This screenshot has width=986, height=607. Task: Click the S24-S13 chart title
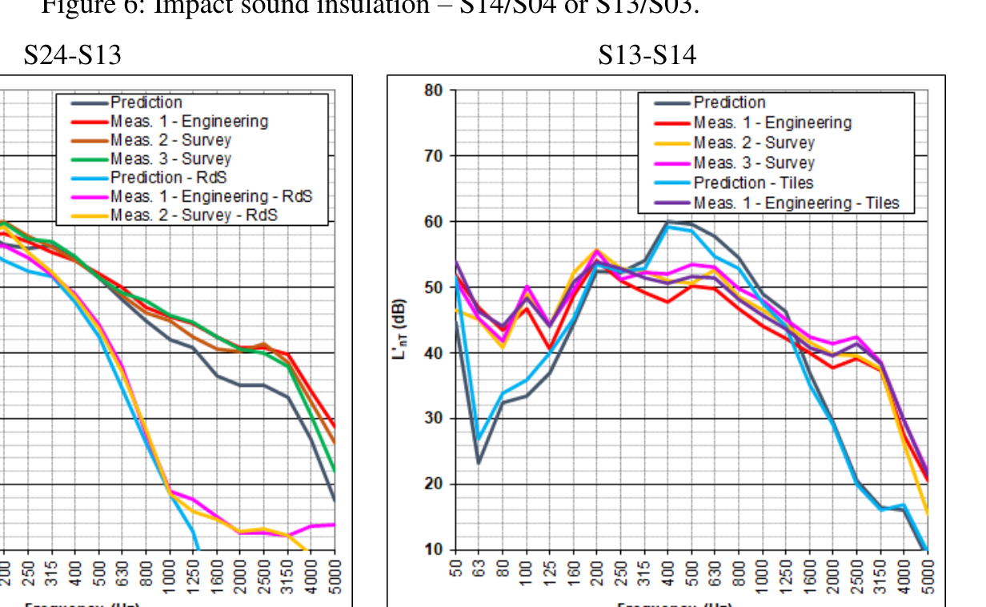tap(73, 55)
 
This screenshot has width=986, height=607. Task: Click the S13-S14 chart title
tap(647, 55)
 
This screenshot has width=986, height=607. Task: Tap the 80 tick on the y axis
tap(433, 90)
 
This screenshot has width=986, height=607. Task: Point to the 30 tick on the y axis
tap(433, 418)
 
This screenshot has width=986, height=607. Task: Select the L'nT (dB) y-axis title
tap(399, 328)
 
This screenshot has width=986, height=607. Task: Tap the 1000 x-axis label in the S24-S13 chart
tap(170, 573)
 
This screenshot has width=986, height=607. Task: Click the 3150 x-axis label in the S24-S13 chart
tap(287, 573)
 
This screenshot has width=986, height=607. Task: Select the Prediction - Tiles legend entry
tap(753, 183)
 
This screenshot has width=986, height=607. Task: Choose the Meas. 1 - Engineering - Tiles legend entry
tap(796, 203)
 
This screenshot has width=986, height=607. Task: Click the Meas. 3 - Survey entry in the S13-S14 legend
tap(753, 163)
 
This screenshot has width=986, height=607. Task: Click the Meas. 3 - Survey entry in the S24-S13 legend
tap(170, 159)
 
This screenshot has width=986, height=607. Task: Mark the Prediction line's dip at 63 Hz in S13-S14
tap(479, 463)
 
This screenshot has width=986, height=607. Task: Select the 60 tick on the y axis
tap(433, 221)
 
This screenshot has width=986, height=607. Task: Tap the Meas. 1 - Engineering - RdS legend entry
tap(210, 196)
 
